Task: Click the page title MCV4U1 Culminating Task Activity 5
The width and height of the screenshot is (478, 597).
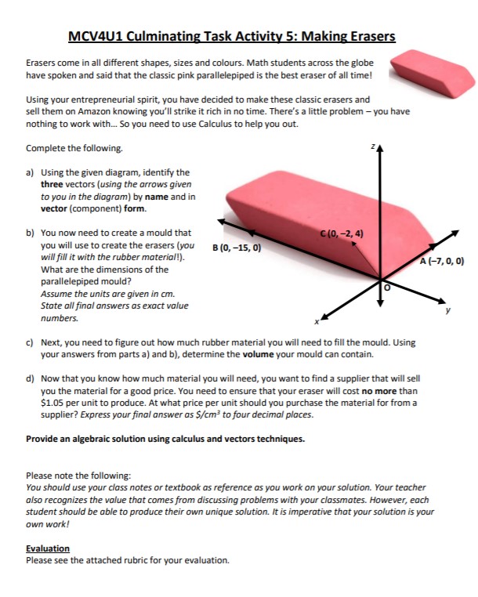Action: click(231, 36)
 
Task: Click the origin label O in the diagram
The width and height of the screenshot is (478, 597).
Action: click(386, 288)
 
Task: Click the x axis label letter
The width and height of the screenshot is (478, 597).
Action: click(317, 321)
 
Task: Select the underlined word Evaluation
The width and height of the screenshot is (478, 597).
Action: click(48, 548)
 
